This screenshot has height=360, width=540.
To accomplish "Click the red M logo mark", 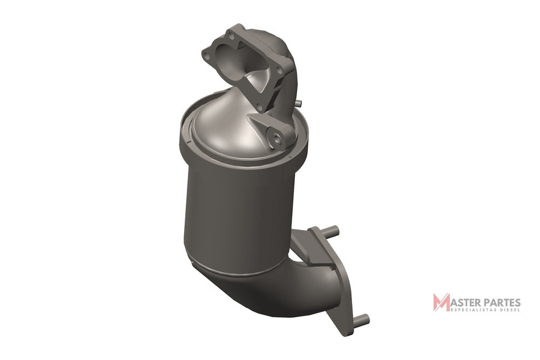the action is pyautogui.click(x=441, y=302).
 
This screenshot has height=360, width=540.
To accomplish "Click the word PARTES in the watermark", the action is pyautogui.click(x=502, y=303).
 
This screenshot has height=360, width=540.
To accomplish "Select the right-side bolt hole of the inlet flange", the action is pyautogui.click(x=280, y=71).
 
